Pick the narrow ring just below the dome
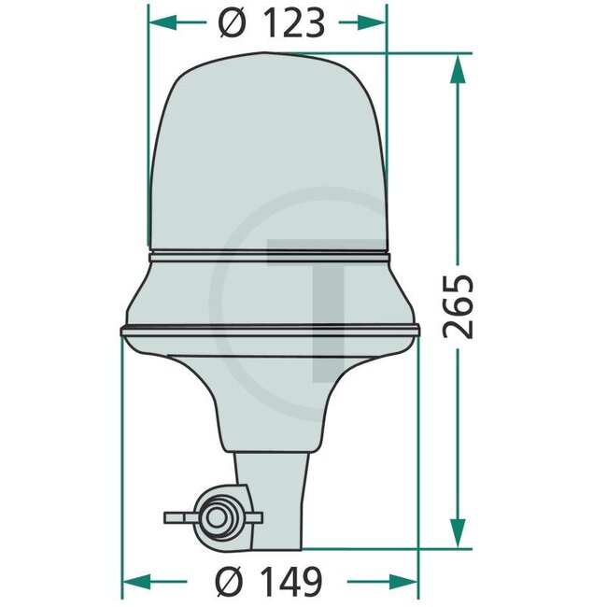click(x=268, y=255)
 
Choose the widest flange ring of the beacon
click(x=270, y=331)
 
